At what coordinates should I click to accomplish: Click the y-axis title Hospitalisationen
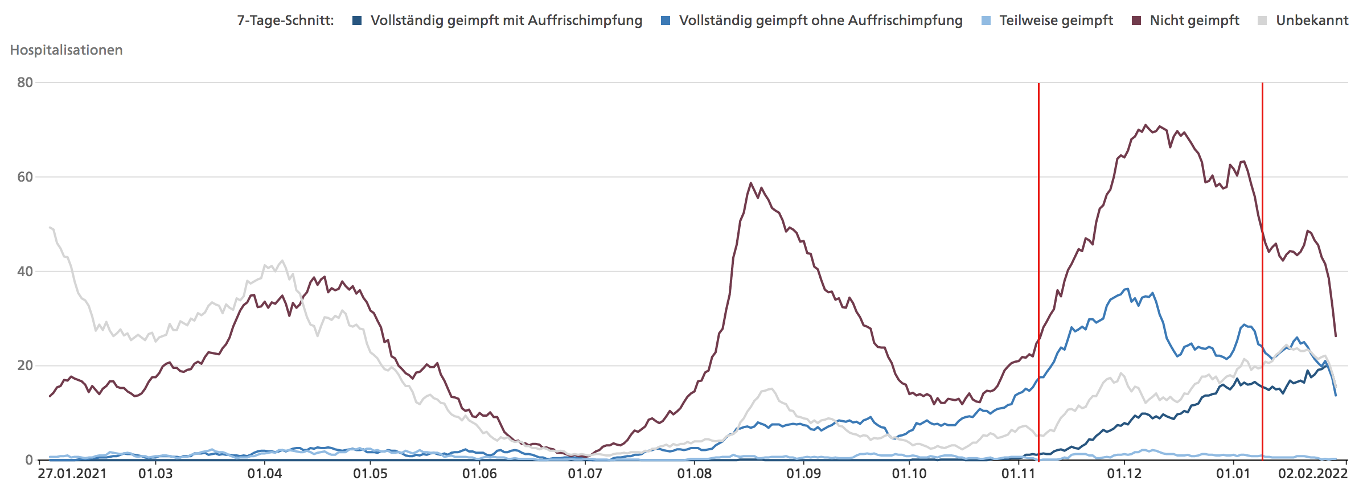66,50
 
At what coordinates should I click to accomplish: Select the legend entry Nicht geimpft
1194,20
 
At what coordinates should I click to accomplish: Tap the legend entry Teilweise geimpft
1056,20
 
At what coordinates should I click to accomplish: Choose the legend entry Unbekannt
1312,20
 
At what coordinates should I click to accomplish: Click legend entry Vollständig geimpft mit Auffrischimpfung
506,20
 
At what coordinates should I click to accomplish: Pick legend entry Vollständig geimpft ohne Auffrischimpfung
820,20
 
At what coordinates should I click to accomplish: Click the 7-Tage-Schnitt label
285,20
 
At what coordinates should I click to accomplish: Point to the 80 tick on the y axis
25,83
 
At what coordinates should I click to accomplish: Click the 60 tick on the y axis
25,177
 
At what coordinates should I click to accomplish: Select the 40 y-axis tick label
25,272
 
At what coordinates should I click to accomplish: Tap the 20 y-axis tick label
25,366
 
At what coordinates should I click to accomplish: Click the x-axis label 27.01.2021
72,474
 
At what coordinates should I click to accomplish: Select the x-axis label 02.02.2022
1312,474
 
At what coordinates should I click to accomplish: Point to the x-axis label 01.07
585,474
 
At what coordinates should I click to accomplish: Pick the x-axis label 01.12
1124,474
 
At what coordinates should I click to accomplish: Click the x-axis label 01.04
264,474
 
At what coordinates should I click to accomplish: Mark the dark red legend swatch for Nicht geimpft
1136,20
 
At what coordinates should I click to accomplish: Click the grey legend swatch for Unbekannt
1262,20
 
